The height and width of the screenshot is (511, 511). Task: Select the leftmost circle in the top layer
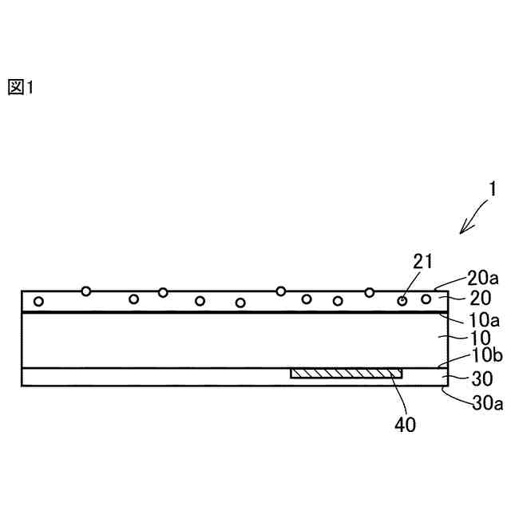click(38, 301)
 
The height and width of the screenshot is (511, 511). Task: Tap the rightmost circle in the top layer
click(426, 299)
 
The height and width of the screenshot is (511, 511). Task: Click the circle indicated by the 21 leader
click(402, 300)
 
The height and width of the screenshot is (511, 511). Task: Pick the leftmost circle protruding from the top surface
click(86, 291)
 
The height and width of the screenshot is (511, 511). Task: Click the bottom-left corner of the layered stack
click(22, 386)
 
